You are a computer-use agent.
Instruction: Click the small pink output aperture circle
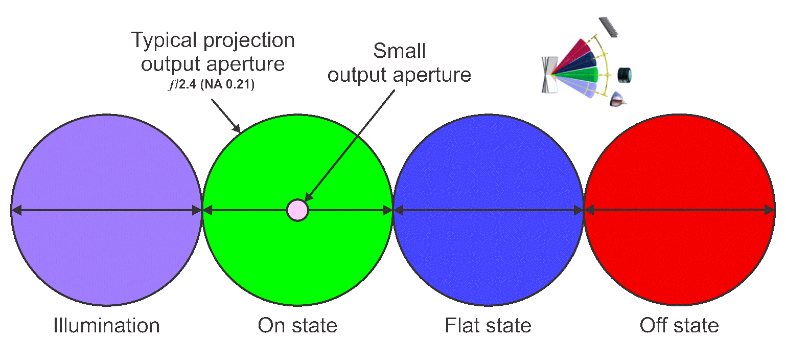(x=297, y=210)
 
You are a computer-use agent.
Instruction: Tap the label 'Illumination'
(x=106, y=326)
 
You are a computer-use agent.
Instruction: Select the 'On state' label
(x=297, y=326)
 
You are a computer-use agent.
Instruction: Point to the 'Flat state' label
(x=488, y=326)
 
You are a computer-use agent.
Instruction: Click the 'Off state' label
(x=679, y=326)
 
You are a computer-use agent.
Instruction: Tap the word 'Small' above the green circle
(x=399, y=51)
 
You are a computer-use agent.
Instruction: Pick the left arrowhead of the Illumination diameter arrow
(x=15, y=210)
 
